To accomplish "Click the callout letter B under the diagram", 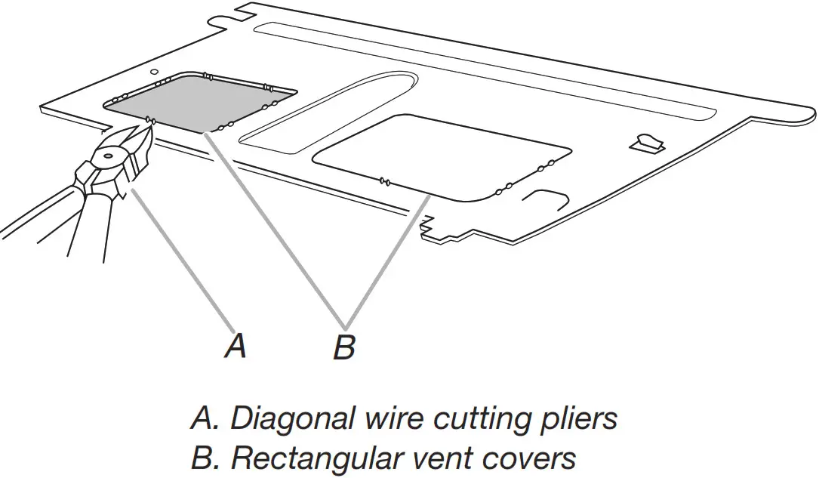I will (344, 347).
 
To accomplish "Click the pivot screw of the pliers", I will (105, 156).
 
